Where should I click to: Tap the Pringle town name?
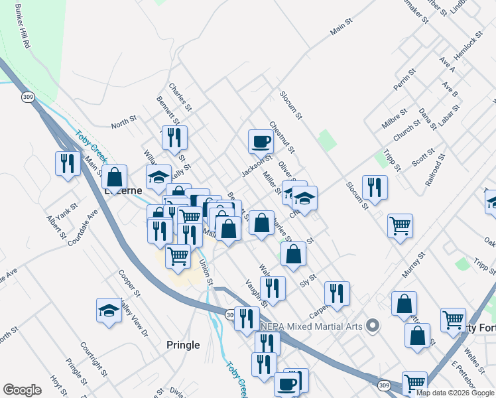183,345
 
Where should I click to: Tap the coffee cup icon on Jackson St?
261,141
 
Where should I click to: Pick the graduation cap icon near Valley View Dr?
109,310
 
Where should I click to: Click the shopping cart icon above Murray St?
400,226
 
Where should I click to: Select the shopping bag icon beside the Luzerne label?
115,177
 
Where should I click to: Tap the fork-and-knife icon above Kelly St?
174,137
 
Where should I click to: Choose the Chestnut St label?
282,137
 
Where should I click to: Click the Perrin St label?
404,79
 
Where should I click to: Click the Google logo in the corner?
22,390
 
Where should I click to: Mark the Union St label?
206,272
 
